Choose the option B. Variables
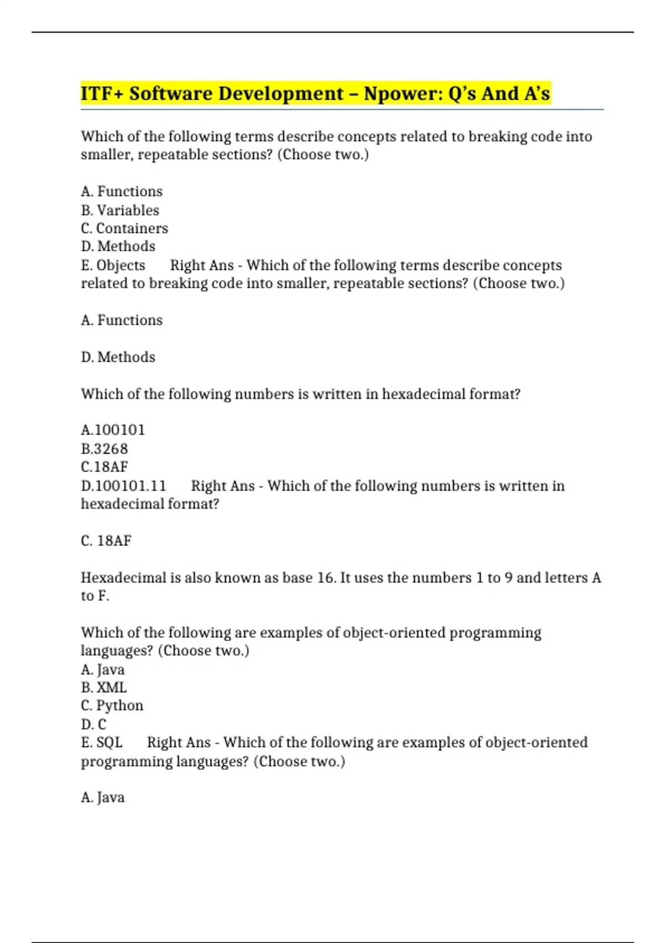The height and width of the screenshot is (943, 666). click(120, 210)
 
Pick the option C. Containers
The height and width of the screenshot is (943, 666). click(124, 228)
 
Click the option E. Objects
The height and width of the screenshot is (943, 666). click(113, 265)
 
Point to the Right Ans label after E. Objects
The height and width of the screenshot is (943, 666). click(202, 265)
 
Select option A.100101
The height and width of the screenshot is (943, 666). click(113, 430)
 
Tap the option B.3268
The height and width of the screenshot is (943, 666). click(104, 449)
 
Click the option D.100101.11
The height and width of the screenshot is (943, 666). click(123, 486)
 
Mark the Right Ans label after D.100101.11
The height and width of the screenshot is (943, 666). click(223, 486)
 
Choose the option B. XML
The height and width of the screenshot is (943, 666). click(104, 687)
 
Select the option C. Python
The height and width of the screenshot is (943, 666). click(112, 706)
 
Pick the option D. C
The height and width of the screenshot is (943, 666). click(93, 724)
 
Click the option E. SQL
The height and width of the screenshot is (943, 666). click(102, 742)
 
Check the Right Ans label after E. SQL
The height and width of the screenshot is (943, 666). click(179, 742)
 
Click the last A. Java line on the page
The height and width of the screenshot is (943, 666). click(103, 797)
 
